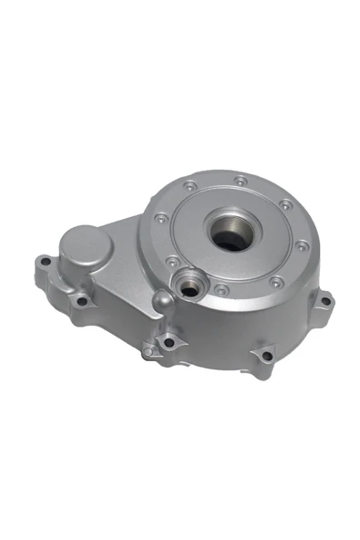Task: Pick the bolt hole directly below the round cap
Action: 81,300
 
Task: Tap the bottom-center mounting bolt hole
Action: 168,343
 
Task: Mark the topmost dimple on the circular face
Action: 239,179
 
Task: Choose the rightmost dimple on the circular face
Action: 302,244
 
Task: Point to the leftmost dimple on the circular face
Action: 160,218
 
